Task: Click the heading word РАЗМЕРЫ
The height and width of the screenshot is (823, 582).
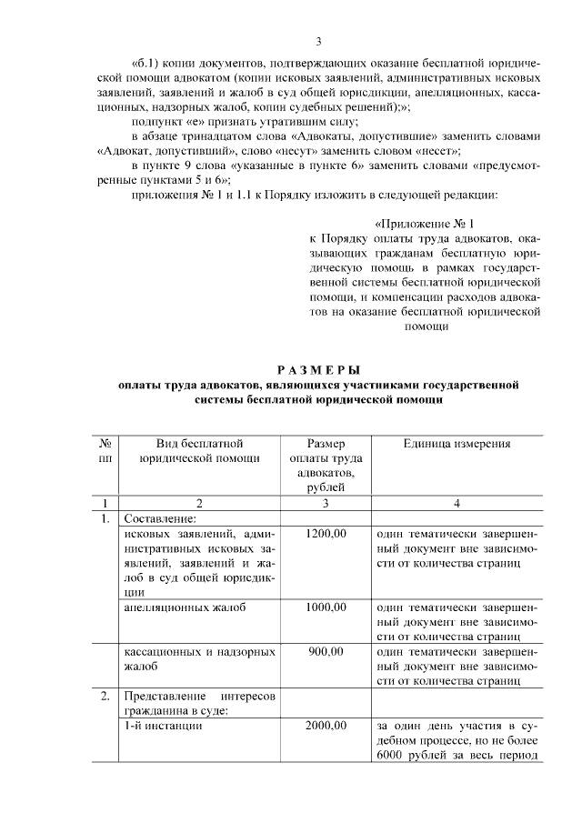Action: (318, 368)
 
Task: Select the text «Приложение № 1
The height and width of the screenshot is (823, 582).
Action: (425, 222)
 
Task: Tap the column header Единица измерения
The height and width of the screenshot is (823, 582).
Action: (457, 444)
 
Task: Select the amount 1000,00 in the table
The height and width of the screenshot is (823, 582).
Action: (326, 607)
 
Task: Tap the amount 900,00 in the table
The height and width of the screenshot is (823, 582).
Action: (326, 651)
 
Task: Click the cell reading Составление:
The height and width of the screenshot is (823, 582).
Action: (159, 518)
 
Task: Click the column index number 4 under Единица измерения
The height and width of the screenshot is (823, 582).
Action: (457, 503)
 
